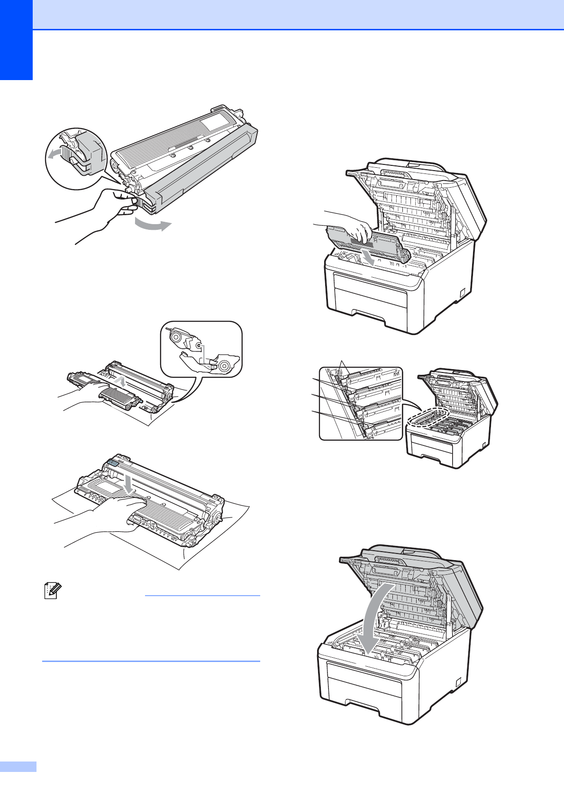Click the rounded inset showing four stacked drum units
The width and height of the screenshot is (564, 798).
[361, 403]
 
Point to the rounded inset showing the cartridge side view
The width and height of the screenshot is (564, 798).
[201, 349]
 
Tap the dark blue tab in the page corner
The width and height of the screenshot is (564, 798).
[16, 40]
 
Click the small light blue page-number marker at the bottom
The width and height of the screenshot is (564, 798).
[18, 767]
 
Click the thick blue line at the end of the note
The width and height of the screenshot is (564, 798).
[151, 661]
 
